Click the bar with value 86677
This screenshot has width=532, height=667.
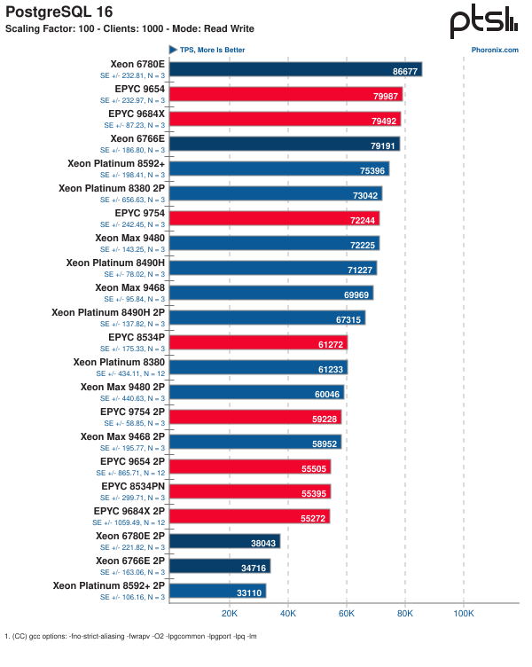(x=295, y=69)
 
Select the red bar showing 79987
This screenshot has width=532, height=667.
(x=286, y=94)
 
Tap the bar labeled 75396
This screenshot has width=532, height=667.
(x=278, y=169)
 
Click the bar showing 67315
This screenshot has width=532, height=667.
(x=267, y=318)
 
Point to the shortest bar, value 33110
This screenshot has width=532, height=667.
(x=217, y=591)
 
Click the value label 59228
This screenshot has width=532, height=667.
(x=323, y=417)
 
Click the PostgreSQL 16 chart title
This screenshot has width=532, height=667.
(x=54, y=11)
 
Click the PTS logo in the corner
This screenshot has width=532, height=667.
(x=484, y=22)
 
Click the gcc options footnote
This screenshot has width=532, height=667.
(x=130, y=636)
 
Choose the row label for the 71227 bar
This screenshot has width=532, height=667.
(x=115, y=263)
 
